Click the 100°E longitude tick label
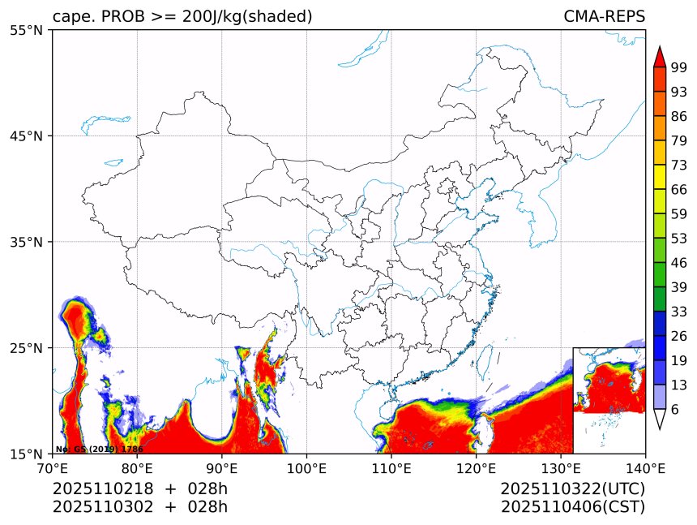tap(306, 467)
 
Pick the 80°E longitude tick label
tap(137, 467)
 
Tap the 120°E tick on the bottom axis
tap(476, 467)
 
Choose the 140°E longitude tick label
tap(645, 467)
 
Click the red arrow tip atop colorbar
tap(659, 55)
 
